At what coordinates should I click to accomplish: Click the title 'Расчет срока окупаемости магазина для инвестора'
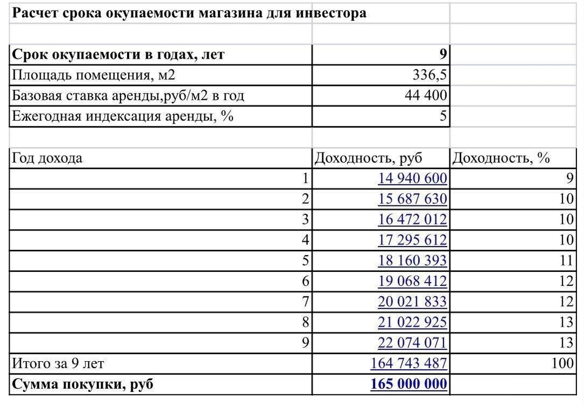[189, 13]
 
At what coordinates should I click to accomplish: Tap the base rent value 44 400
[426, 96]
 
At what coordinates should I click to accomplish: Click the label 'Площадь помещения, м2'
[94, 75]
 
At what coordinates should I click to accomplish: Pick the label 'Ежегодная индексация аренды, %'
[123, 116]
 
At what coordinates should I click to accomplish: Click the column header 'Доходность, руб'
[368, 158]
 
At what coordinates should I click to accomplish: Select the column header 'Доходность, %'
[501, 158]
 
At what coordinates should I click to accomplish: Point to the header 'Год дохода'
[48, 158]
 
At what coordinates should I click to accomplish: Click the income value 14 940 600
[413, 178]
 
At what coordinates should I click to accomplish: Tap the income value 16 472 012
[413, 219]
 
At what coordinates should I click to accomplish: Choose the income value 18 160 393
[413, 261]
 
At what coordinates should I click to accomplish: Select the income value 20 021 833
[413, 302]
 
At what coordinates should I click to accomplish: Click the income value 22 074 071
[413, 343]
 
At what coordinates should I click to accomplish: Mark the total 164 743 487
[409, 363]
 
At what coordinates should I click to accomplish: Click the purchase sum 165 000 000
[409, 384]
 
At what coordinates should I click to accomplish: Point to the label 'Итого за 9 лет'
[58, 363]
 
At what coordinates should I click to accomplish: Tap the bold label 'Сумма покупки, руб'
[83, 384]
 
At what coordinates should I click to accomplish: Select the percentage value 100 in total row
[562, 363]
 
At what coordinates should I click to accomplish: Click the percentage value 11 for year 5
[566, 261]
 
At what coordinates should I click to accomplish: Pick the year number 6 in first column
[306, 281]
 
